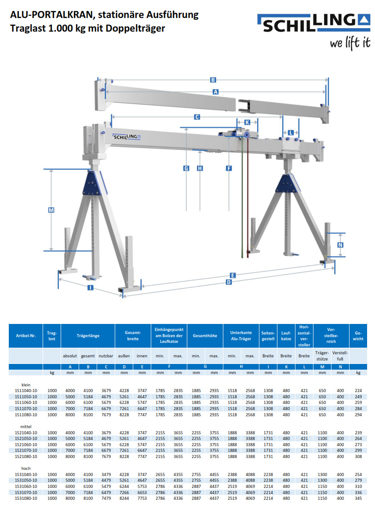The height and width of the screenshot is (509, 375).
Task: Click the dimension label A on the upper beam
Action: tap(215, 92)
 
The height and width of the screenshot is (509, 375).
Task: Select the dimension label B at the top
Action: tap(213, 80)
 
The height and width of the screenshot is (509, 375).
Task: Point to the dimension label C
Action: tap(197, 117)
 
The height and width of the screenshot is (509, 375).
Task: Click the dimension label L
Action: tap(291, 132)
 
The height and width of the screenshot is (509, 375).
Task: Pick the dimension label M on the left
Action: tap(51, 211)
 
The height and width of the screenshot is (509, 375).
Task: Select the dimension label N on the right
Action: tap(340, 245)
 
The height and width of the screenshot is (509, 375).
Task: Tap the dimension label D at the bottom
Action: tap(229, 282)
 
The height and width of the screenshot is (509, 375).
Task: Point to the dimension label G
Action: tap(186, 168)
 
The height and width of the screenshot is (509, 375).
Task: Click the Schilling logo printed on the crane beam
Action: tap(127, 137)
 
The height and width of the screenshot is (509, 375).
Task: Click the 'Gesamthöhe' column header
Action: tap(205, 336)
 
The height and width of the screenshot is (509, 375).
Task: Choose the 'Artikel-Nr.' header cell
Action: tap(25, 336)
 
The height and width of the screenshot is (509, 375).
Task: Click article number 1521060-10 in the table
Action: tap(25, 444)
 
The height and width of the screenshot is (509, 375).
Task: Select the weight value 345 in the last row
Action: tap(358, 498)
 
